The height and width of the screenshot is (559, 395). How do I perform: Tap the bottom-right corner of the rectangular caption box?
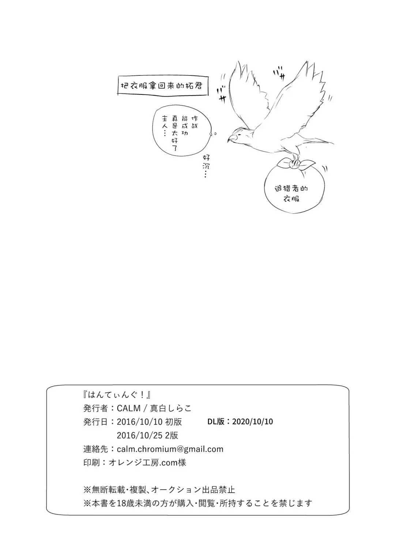coord(208,95)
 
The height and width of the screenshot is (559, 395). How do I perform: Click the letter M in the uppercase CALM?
coord(136,408)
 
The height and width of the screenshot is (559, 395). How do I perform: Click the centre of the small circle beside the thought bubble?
coord(215,134)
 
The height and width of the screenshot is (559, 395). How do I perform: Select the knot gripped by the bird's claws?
coord(295,164)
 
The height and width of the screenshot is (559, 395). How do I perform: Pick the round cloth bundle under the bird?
coord(294,187)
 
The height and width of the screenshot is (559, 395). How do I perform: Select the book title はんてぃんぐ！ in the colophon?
coord(117,394)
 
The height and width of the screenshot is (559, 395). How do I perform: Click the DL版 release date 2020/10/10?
coord(252,421)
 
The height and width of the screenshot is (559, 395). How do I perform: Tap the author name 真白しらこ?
coord(171,408)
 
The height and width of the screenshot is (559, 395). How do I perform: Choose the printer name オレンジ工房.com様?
coord(147,463)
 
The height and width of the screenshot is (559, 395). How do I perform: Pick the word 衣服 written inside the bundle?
coord(291,199)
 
